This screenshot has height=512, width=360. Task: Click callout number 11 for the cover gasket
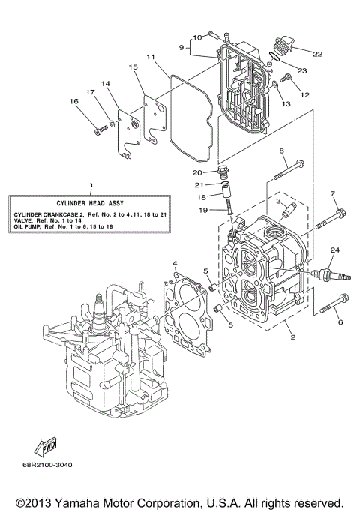tap(150, 57)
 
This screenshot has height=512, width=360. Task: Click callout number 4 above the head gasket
tap(174, 263)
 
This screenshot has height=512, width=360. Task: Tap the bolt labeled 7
tap(328, 218)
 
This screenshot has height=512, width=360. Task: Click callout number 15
tap(133, 67)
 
